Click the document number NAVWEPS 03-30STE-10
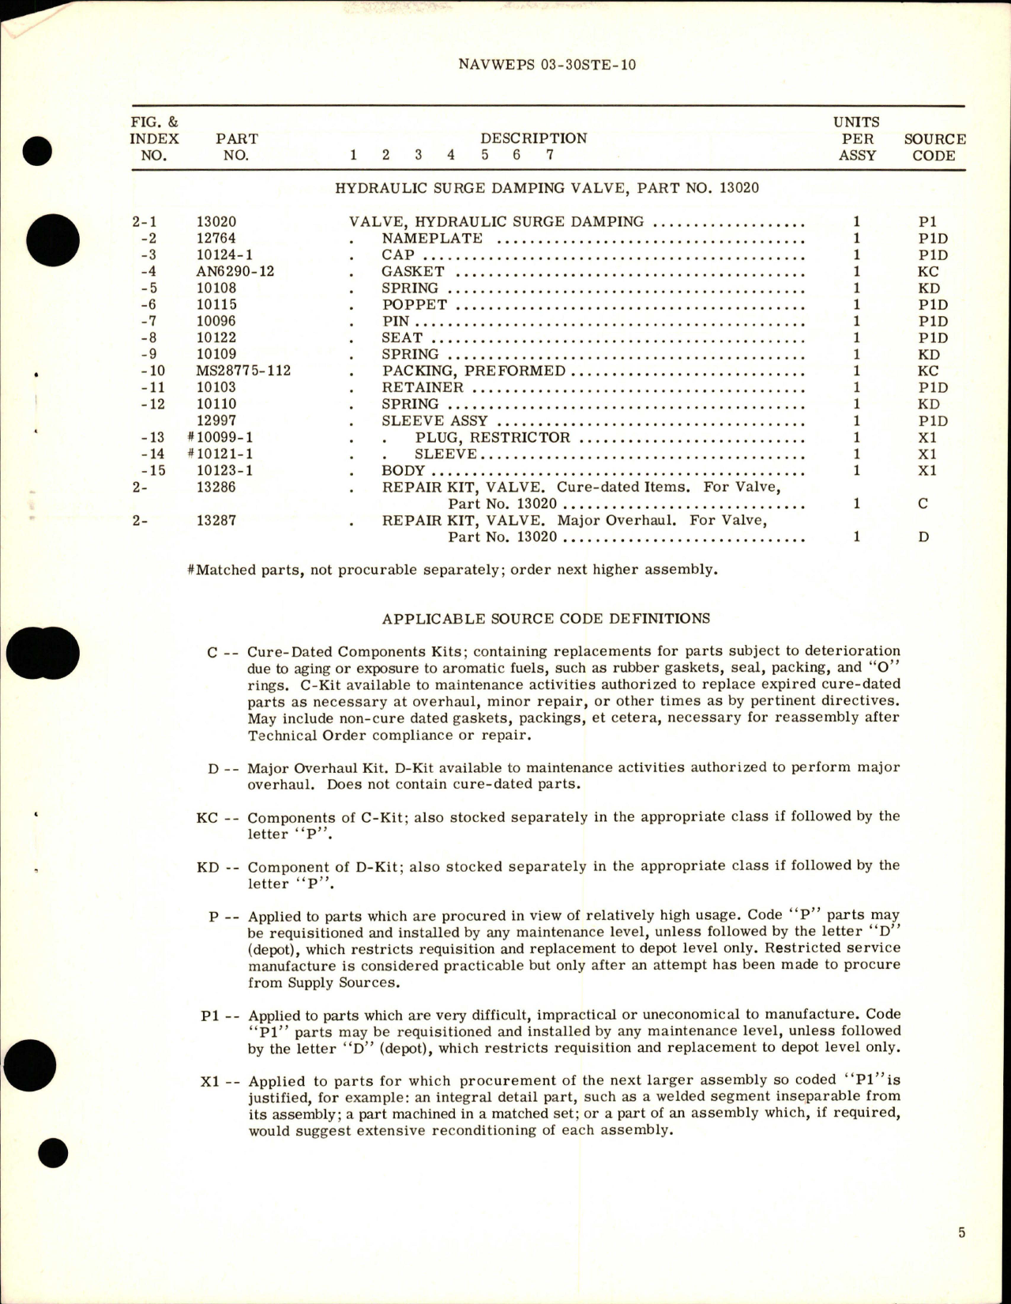pos(547,64)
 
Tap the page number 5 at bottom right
pos(961,1232)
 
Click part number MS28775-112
pos(243,371)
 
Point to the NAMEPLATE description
pos(431,239)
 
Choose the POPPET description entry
pos(415,305)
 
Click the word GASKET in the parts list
pos(412,272)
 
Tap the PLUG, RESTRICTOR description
pos(492,437)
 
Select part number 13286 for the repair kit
pos(216,487)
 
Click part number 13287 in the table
pos(216,520)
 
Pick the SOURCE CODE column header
pos(934,147)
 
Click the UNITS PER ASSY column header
pos(857,138)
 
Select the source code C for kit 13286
pos(923,503)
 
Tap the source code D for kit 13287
pos(923,537)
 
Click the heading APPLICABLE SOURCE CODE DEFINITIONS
pos(546,619)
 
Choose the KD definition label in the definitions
pos(207,867)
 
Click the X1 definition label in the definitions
pos(209,1081)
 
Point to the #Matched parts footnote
pos(453,570)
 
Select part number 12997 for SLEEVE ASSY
pos(216,420)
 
